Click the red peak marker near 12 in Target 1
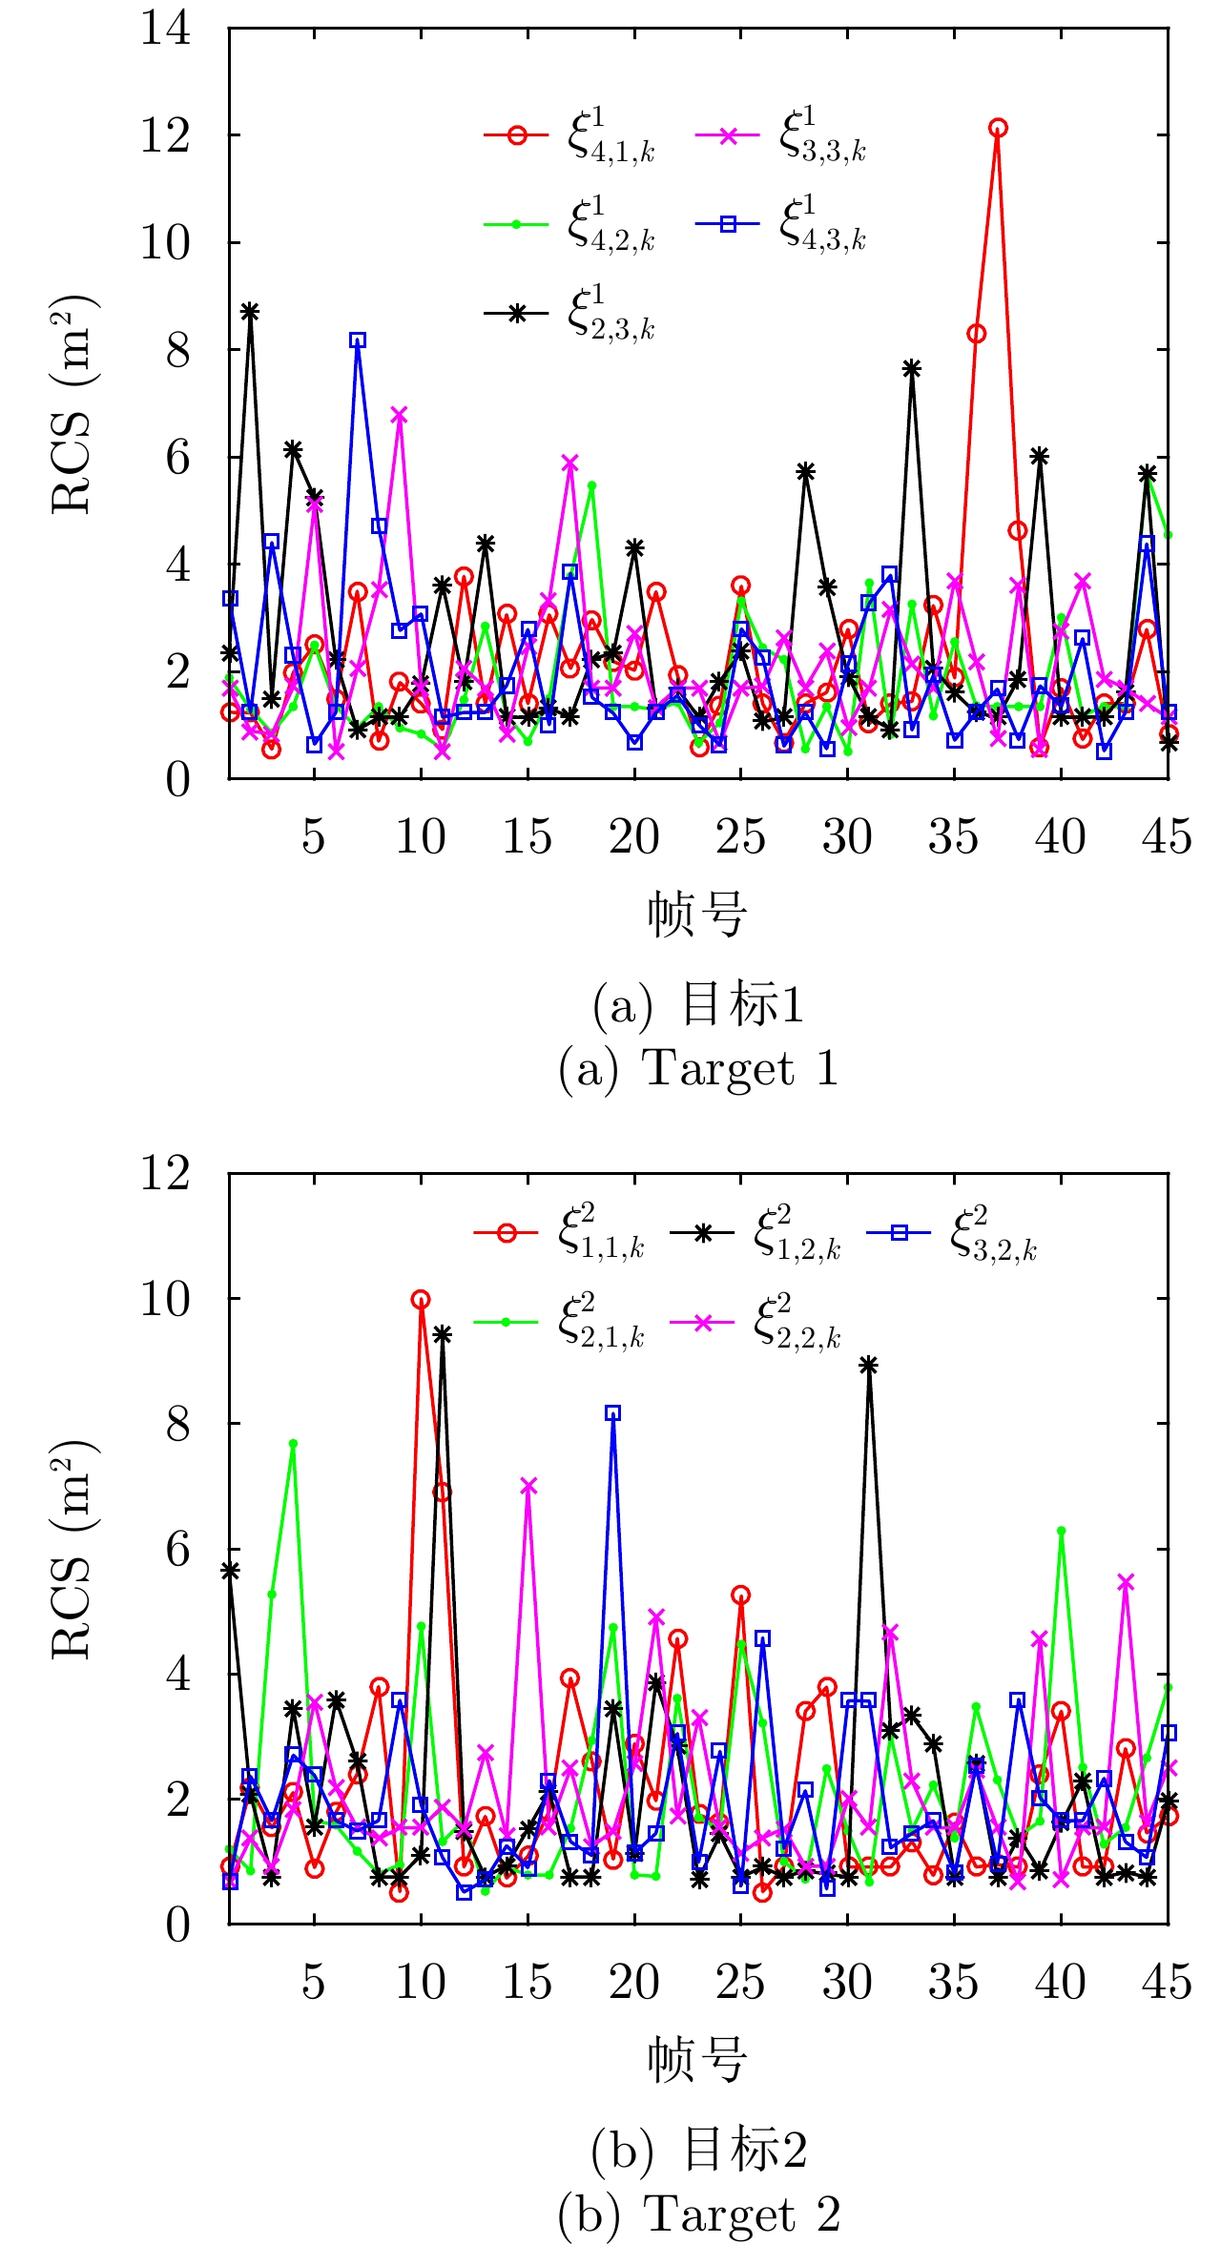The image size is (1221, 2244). pos(998,128)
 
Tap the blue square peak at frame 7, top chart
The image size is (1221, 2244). pos(358,340)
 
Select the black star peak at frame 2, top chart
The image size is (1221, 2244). pos(250,311)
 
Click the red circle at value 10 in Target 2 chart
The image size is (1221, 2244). pos(421,1299)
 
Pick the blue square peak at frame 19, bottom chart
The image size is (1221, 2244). pos(613,1412)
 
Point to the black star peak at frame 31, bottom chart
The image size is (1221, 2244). pos(868,1365)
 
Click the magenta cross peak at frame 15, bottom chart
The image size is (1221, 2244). pos(528,1486)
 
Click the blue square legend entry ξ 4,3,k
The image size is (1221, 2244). pos(782,225)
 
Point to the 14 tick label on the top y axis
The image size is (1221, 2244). pos(166,29)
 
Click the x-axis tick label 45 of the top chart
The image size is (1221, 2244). pos(1167,838)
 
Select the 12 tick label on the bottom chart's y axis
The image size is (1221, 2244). pos(166,1173)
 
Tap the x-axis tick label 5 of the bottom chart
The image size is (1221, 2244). pos(314,1983)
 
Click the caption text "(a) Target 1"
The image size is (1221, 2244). pos(698,1068)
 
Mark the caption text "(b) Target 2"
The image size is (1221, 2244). pos(698,2213)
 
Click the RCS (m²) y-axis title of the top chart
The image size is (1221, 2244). pos(74,404)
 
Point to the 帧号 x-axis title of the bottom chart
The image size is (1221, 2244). pos(697,2060)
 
